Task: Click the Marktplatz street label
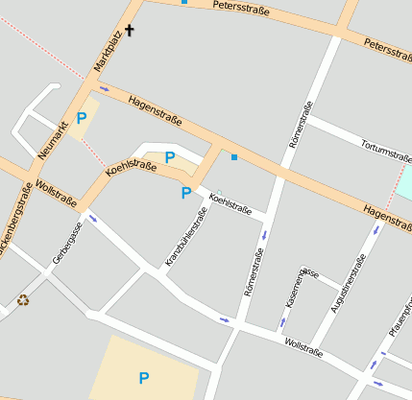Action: [108, 50]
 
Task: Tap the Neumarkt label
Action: [53, 140]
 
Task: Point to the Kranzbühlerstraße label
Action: [185, 235]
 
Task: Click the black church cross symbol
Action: [130, 31]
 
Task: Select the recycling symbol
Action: [23, 300]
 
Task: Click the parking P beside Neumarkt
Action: [82, 119]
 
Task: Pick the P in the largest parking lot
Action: [144, 378]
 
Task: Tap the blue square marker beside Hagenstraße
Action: [233, 156]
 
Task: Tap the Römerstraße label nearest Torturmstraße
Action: [300, 124]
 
